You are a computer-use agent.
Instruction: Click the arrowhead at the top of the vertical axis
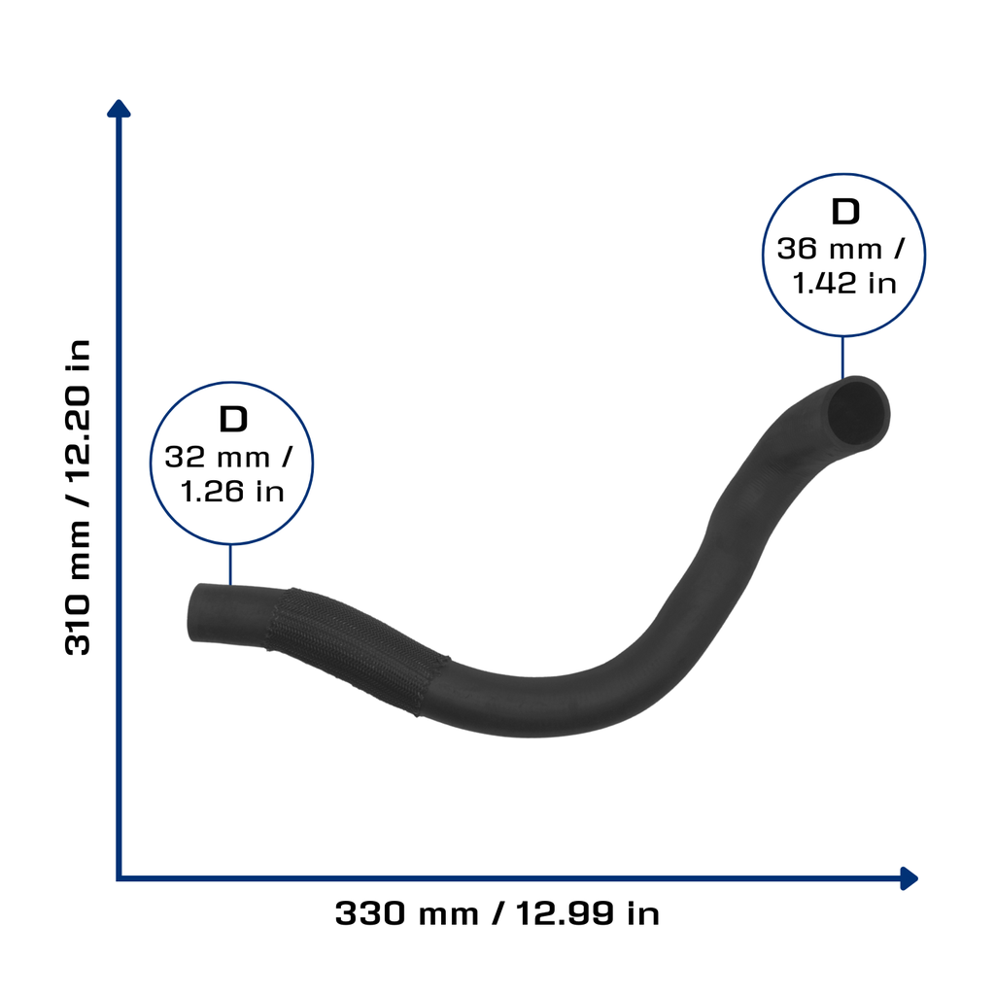point(119,109)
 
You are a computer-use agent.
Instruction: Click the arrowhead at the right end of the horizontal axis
point(909,878)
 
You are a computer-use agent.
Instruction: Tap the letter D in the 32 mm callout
point(233,419)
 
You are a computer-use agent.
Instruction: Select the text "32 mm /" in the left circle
point(228,457)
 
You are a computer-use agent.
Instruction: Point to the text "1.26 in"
point(232,492)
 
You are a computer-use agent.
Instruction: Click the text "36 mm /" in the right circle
point(841,249)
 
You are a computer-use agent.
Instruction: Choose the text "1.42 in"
point(844,284)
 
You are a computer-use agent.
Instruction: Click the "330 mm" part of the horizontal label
point(407,913)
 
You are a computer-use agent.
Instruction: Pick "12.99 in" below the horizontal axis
point(588,913)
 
